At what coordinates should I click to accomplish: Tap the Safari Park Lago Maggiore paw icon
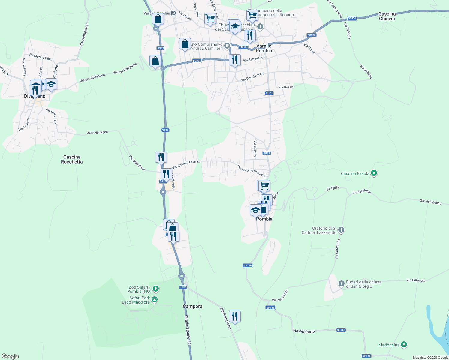[x=155, y=299]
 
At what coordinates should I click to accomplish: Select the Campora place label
[x=192, y=306]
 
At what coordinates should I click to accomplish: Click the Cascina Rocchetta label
[x=72, y=159]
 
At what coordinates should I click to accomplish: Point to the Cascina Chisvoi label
[x=387, y=16]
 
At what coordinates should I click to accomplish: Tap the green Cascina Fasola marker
[x=374, y=173]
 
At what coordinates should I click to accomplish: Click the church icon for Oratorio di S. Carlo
[x=341, y=230]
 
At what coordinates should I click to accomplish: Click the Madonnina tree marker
[x=404, y=345]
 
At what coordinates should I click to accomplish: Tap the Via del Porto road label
[x=304, y=331]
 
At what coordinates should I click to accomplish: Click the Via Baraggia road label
[x=416, y=280]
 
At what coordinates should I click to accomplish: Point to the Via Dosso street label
[x=285, y=87]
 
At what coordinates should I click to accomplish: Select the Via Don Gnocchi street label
[x=252, y=77]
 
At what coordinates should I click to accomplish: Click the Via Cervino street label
[x=255, y=149]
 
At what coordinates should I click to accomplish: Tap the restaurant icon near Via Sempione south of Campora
[x=235, y=316]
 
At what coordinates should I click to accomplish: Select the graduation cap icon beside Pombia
[x=255, y=210]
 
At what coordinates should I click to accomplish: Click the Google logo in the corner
[x=10, y=356]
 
